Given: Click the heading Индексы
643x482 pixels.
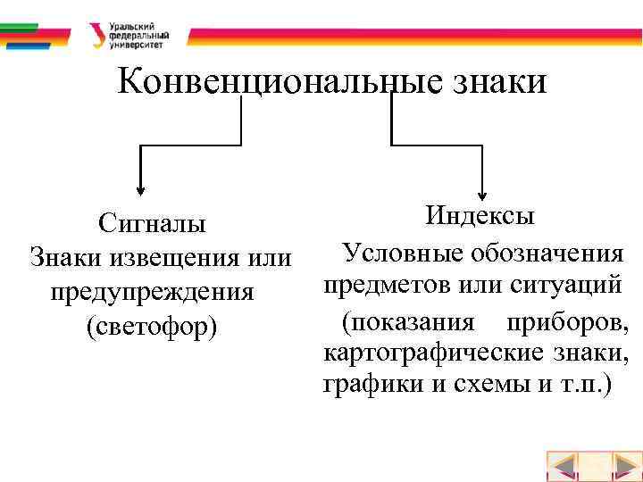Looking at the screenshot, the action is click(480, 215).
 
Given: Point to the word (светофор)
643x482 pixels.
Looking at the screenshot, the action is click(152, 327).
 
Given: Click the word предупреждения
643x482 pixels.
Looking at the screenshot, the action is click(152, 292).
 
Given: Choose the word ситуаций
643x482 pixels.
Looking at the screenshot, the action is click(566, 286).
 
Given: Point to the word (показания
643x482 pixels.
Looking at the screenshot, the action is click(409, 320).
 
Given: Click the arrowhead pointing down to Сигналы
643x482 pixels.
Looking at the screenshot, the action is click(140, 188).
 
